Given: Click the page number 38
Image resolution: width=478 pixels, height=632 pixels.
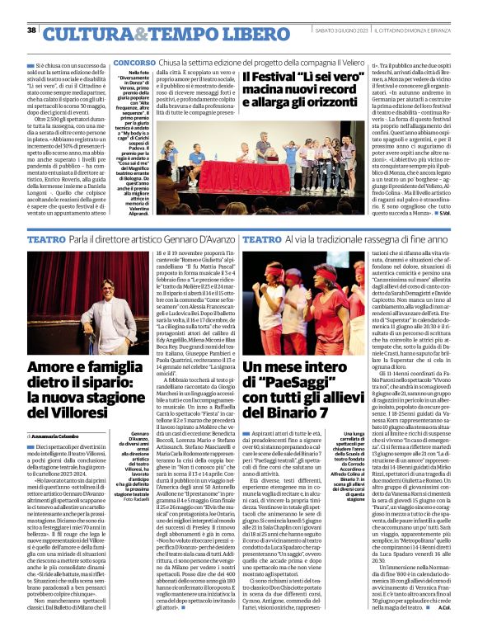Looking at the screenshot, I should (x=31, y=30).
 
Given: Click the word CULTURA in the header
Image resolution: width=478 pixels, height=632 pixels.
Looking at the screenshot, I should (x=82, y=33).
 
